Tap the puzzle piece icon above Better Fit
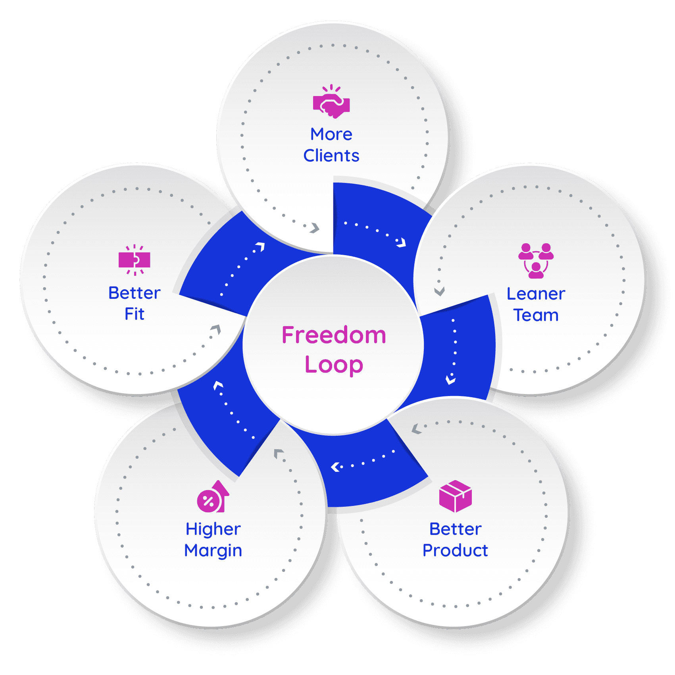135,260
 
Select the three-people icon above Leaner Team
536,260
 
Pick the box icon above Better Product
456,496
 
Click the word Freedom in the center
334,335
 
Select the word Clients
331,156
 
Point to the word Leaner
536,294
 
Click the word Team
536,315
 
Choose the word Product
455,551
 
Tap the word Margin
213,551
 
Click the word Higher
213,529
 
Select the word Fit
135,314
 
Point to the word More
331,134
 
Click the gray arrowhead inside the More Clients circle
315,228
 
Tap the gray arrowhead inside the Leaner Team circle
439,292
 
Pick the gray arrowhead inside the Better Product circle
415,429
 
